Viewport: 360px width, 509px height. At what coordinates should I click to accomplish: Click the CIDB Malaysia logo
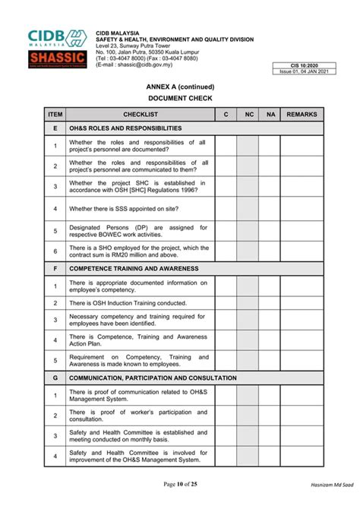point(58,38)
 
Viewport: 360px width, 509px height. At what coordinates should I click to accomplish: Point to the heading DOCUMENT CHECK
point(180,99)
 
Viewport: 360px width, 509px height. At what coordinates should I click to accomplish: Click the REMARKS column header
point(302,114)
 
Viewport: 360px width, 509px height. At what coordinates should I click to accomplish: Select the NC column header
point(248,114)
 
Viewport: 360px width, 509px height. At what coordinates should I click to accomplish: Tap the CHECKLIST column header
point(140,114)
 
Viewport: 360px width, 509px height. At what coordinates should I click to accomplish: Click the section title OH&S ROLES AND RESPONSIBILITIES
point(125,128)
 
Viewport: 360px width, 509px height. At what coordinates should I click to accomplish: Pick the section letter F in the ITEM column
point(55,268)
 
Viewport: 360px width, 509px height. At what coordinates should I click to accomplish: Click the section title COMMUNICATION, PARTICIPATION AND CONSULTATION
point(153,378)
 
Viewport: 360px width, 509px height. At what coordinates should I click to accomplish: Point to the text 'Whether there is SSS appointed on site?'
point(125,208)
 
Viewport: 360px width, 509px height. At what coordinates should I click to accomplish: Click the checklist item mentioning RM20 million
point(138,251)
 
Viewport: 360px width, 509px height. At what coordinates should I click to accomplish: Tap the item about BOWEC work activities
point(138,230)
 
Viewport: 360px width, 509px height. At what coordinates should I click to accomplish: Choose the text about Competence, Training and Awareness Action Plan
point(138,339)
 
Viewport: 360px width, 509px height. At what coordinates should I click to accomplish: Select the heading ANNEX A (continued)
point(180,87)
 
